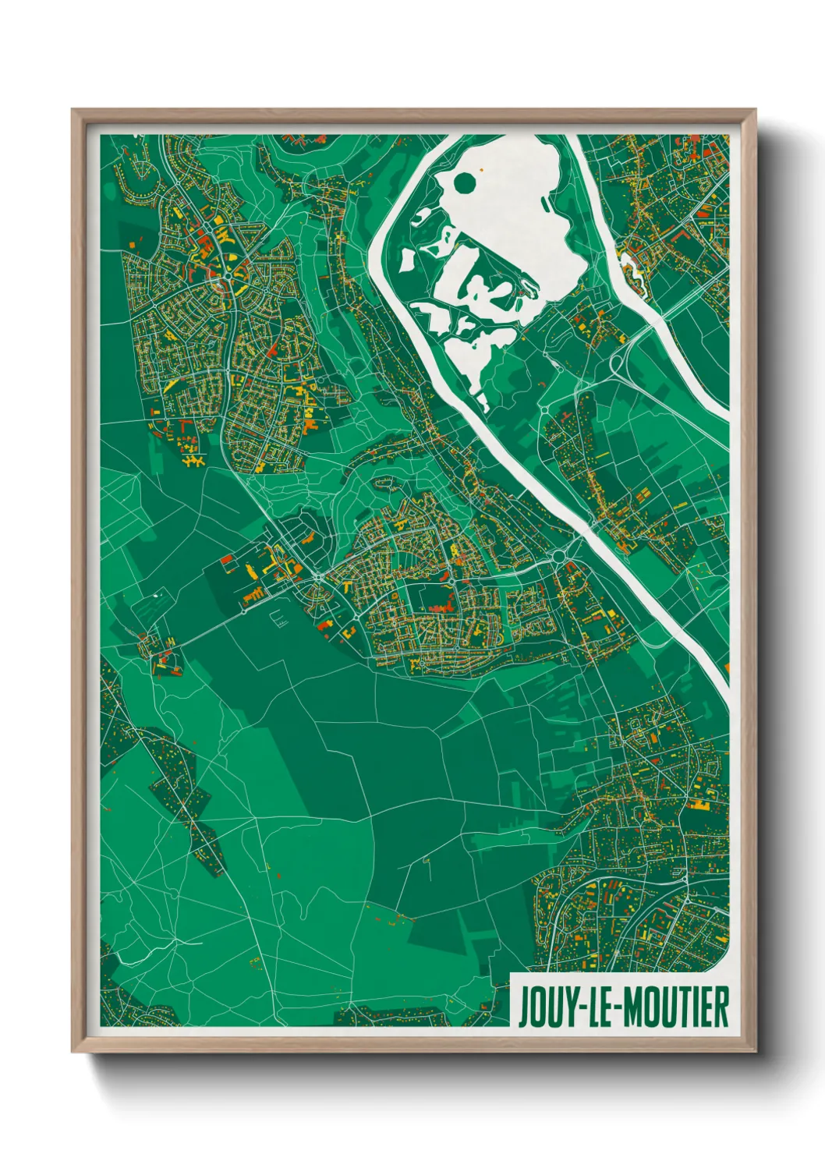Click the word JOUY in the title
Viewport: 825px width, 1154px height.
click(x=544, y=1007)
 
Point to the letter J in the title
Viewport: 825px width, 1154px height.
click(x=524, y=1007)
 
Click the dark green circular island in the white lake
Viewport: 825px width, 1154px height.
click(x=465, y=184)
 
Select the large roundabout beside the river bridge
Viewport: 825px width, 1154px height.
click(x=561, y=557)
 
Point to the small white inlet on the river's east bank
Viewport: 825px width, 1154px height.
click(x=634, y=266)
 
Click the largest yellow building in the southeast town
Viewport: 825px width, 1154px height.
click(x=702, y=805)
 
